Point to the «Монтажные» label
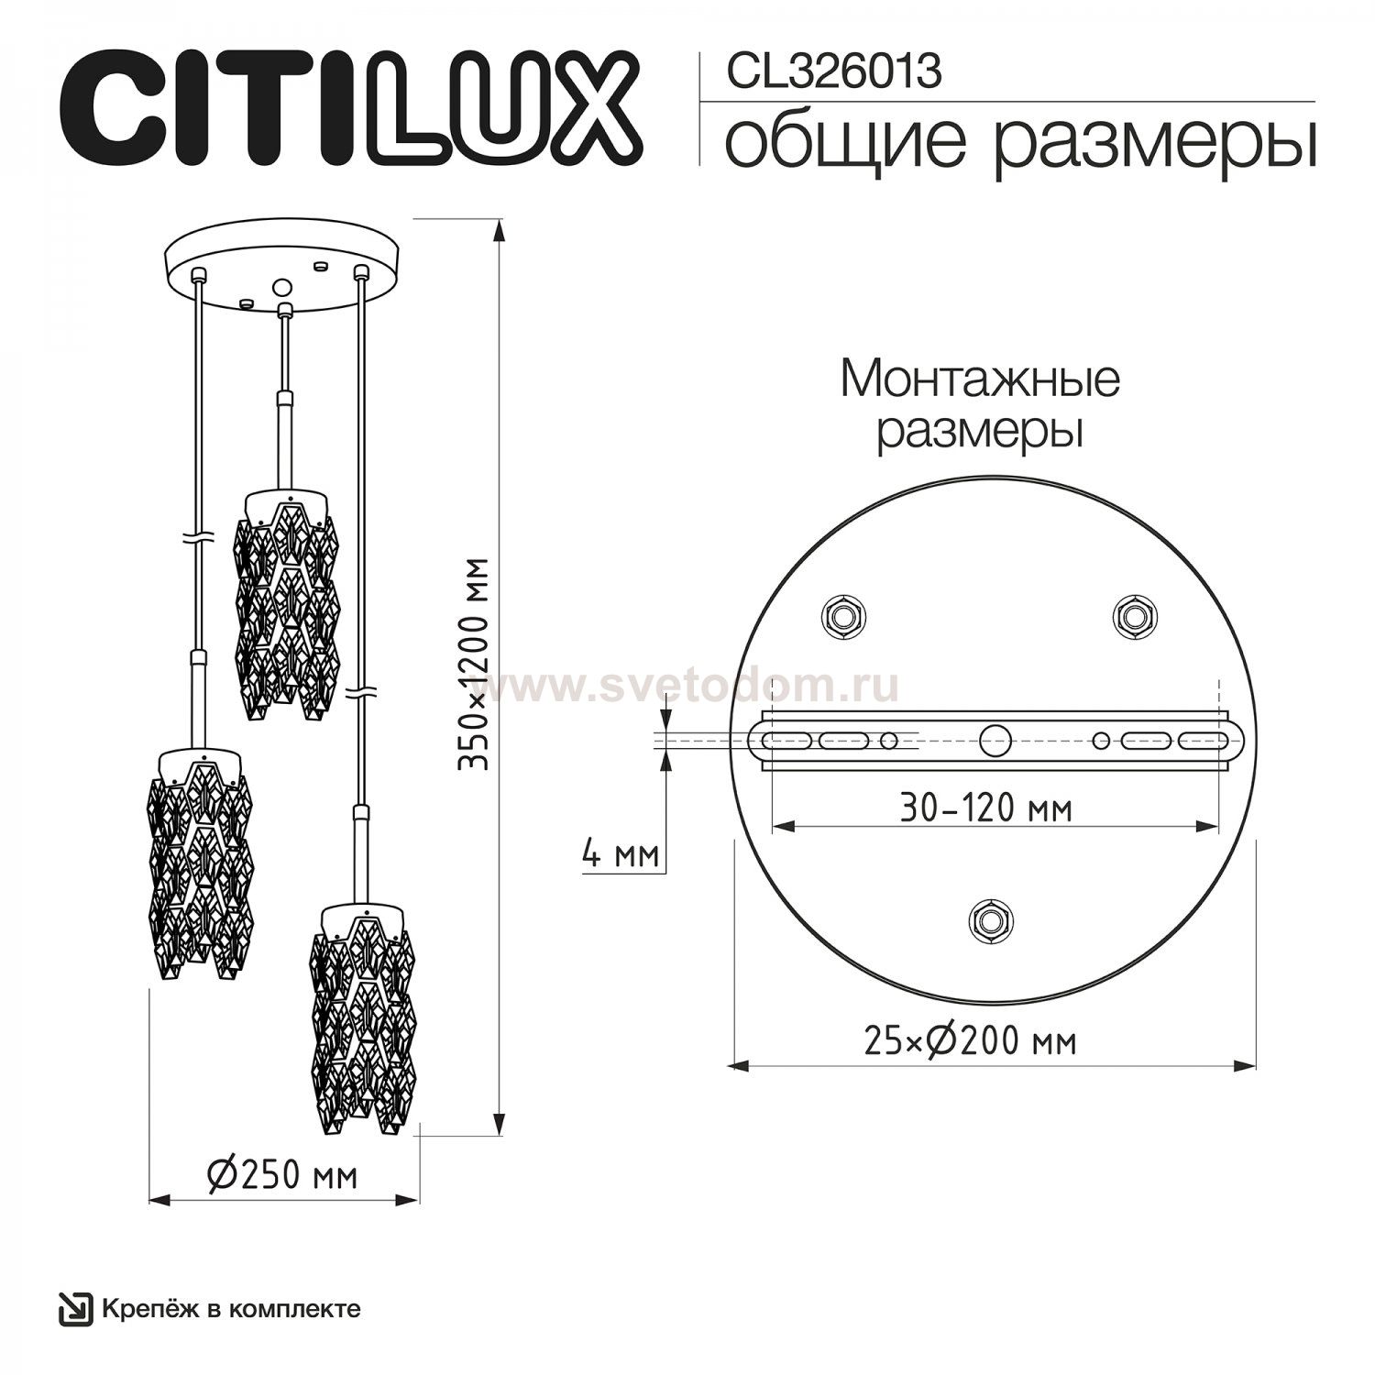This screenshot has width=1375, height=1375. coord(980,379)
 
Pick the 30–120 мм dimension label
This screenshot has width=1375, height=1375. coord(985,808)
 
